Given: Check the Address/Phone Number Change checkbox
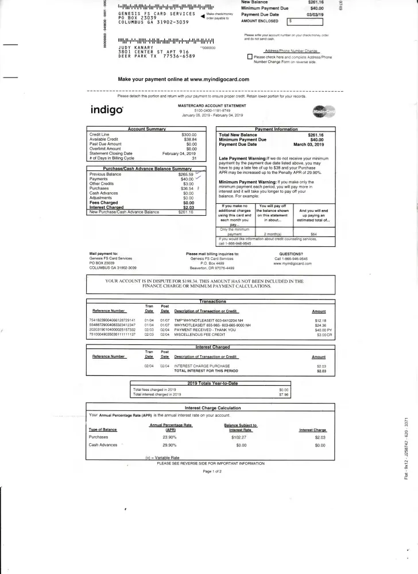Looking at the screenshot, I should [x=249, y=57].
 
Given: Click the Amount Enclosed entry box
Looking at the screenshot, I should [x=305, y=21].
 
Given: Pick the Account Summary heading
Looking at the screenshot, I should [x=146, y=130].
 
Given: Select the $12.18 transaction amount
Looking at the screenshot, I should [x=320, y=320].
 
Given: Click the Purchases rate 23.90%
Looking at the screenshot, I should [x=169, y=437].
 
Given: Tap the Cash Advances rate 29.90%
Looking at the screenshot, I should [x=169, y=445].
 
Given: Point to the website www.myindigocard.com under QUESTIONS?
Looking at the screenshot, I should [x=292, y=263].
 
